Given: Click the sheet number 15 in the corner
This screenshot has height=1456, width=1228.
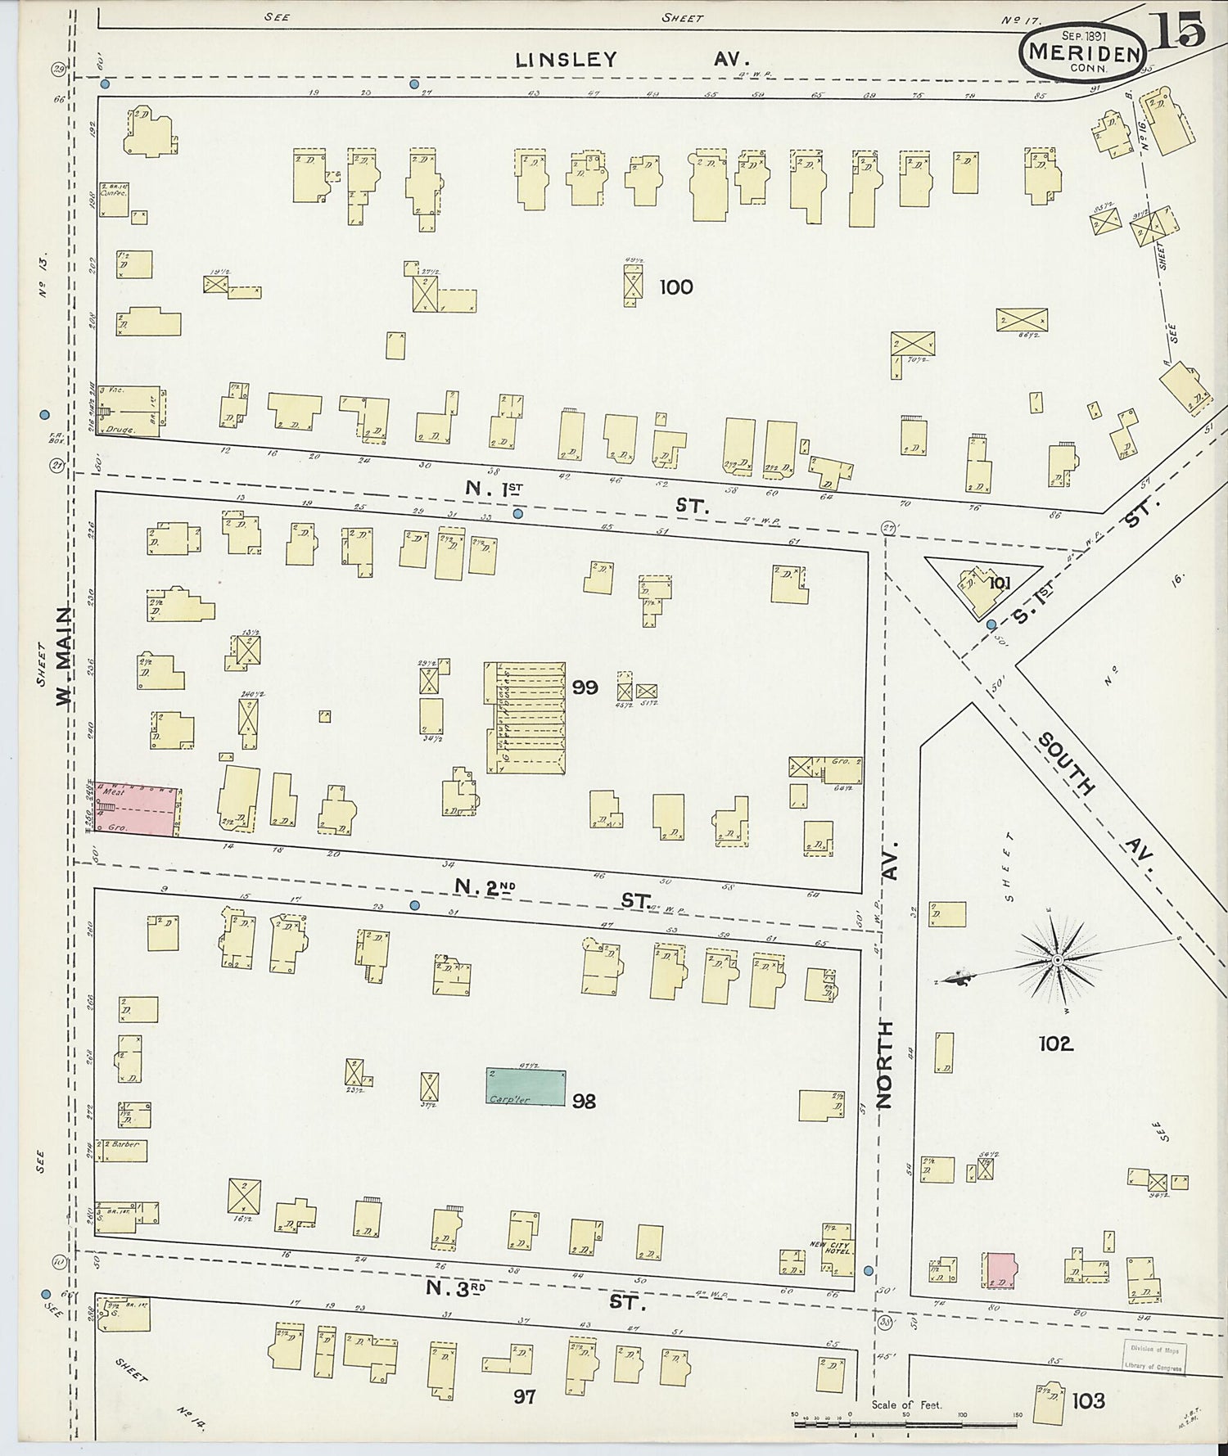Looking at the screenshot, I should (1181, 30).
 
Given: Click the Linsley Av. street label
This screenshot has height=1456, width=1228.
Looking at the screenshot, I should (630, 60).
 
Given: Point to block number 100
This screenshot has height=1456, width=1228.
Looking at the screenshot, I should (675, 287).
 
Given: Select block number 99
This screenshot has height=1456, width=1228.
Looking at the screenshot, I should (585, 687).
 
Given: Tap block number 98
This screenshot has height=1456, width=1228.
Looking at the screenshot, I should (584, 1101).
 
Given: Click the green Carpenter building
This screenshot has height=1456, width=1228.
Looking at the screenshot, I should (526, 1087).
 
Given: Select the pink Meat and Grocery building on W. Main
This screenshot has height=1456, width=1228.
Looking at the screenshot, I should (137, 808).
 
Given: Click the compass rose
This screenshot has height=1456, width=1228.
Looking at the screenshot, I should (1058, 958).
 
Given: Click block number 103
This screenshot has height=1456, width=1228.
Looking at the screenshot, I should (1088, 1401).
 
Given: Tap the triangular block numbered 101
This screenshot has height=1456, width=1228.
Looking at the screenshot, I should (982, 583).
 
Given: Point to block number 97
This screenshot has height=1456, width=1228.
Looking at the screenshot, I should (524, 1396).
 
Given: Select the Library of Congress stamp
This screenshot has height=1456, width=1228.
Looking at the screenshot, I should (1154, 1358).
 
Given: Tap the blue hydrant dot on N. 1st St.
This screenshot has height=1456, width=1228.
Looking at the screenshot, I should (517, 514).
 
